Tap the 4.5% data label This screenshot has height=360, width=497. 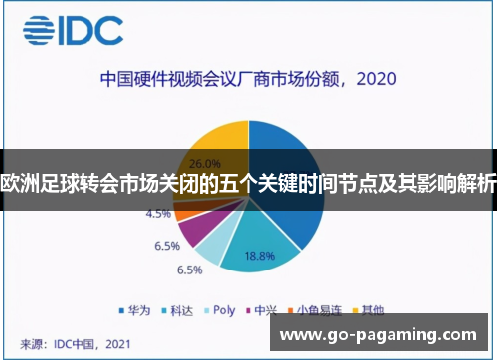(157, 213)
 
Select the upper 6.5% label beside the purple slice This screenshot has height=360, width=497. (165, 245)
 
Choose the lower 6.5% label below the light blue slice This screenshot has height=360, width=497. (189, 270)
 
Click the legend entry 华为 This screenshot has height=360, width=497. (135, 310)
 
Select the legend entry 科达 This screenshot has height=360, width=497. (180, 310)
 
